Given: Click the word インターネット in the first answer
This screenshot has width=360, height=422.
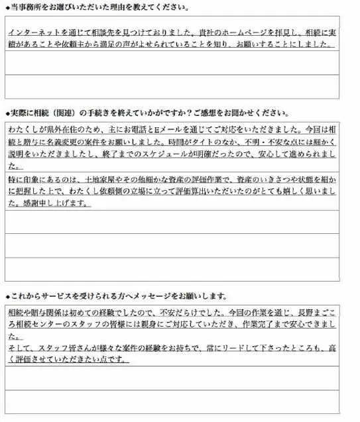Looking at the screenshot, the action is [33, 32].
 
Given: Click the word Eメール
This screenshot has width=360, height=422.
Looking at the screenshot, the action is [164, 130].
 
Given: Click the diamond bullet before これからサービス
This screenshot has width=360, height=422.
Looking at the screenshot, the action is [7, 295].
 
